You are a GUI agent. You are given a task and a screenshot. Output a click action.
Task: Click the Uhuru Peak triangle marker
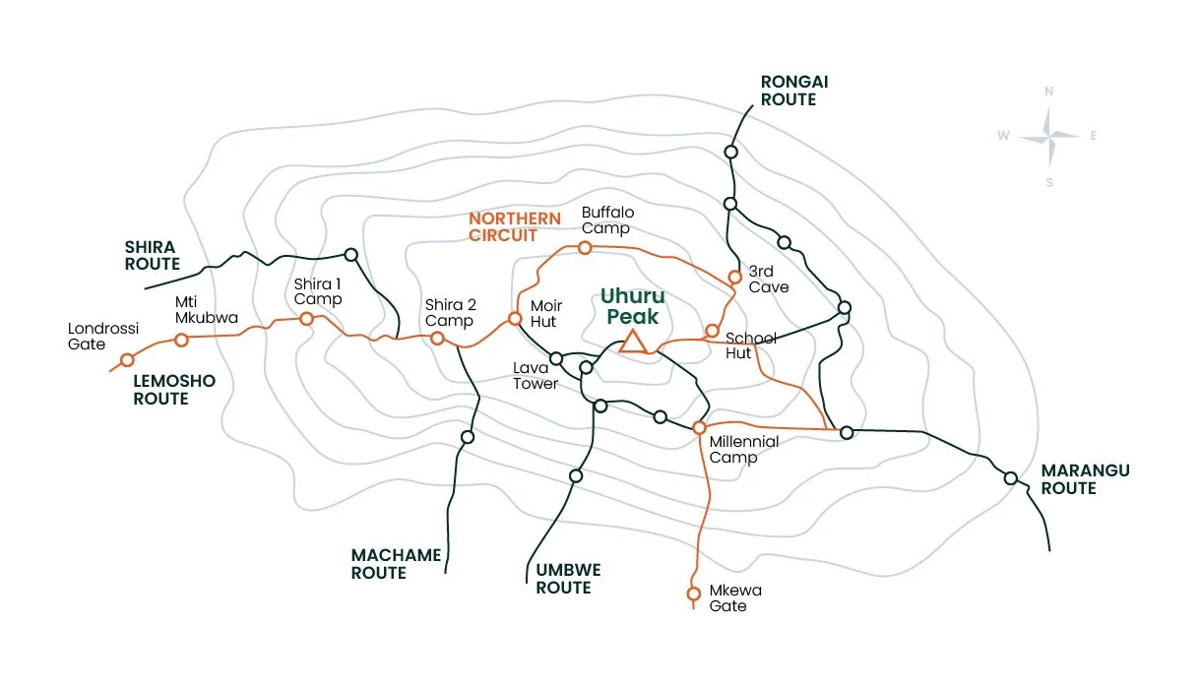632,342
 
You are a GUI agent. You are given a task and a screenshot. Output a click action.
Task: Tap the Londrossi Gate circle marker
127,359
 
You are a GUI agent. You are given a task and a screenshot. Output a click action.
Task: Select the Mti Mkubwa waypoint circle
181,340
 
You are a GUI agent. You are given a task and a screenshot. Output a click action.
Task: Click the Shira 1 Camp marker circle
306,318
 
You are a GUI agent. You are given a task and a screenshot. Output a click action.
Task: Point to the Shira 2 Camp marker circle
437,338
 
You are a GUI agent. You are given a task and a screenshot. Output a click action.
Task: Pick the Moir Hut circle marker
514,318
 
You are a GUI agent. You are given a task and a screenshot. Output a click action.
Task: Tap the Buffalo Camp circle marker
585,247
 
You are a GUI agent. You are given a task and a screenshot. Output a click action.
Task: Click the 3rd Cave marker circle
733,277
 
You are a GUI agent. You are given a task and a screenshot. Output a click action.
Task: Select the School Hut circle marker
712,331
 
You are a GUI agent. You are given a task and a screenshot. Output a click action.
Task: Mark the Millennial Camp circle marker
699,427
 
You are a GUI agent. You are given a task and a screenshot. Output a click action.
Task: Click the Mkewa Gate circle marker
693,594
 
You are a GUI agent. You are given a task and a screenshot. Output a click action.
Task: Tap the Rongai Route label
788,91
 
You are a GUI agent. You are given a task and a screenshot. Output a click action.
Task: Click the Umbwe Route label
568,579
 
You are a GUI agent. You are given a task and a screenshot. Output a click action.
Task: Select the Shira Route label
153,255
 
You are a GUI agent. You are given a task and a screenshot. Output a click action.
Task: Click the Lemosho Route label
174,390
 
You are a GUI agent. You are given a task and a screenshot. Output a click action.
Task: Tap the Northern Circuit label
515,226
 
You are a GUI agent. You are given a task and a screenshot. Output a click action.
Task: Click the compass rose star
1049,136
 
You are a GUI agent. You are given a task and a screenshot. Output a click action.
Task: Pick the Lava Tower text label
536,376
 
